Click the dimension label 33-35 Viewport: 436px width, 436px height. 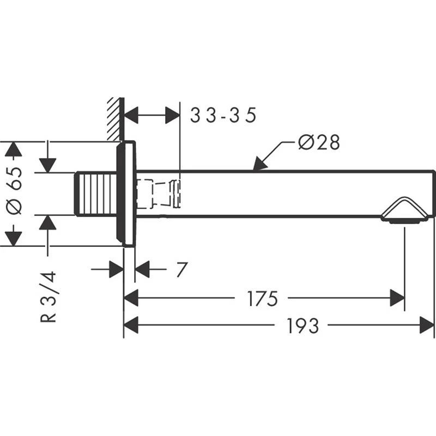pyautogui.click(x=222, y=116)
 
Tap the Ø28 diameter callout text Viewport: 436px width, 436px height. pyautogui.click(x=319, y=143)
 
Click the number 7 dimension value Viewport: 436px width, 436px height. pyautogui.click(x=181, y=269)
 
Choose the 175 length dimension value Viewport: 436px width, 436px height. pyautogui.click(x=262, y=299)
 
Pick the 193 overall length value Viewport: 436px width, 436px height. pyautogui.click(x=302, y=326)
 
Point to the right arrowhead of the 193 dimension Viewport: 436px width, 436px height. pyautogui.click(x=427, y=326)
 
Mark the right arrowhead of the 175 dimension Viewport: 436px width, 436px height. pyautogui.click(x=397, y=299)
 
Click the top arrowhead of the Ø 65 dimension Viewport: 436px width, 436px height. pyautogui.click(x=14, y=149)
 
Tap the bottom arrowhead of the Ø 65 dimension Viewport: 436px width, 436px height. pyautogui.click(x=14, y=238)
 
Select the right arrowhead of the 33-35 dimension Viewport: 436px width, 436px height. pyautogui.click(x=173, y=116)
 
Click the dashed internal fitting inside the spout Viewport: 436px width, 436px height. pyautogui.click(x=158, y=194)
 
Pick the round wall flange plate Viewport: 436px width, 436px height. pyautogui.click(x=126, y=194)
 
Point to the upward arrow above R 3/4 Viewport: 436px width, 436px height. pyautogui.click(x=48, y=222)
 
